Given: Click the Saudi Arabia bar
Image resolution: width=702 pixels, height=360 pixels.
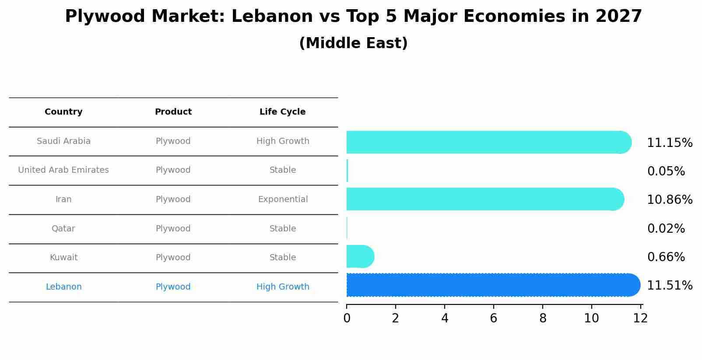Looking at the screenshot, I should [488, 142].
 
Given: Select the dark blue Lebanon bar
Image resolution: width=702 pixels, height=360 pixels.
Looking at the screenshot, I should [492, 285].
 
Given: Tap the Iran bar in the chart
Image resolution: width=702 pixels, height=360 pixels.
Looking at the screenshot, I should [484, 199].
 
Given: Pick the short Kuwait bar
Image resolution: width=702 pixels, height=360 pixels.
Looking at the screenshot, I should [360, 256].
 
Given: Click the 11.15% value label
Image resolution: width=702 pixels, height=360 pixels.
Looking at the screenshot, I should [669, 143].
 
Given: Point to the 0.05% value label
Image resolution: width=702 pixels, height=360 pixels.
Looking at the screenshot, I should [666, 171].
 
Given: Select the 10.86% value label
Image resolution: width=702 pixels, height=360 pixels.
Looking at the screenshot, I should [669, 200].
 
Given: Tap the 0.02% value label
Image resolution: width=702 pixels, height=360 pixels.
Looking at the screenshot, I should [666, 229].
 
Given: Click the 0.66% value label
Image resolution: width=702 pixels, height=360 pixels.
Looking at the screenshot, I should [666, 257].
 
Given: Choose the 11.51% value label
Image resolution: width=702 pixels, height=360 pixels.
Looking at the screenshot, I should [669, 286].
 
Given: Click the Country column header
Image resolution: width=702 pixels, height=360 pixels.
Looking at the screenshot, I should [63, 112].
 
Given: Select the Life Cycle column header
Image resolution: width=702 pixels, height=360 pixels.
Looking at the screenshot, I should [282, 112].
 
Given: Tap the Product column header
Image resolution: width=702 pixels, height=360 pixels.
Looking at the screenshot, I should [173, 112].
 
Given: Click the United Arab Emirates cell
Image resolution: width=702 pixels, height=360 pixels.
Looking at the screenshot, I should [63, 170].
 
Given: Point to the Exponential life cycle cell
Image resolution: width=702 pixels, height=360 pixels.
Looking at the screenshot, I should [283, 199].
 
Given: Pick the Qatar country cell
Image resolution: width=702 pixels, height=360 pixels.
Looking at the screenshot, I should [63, 229].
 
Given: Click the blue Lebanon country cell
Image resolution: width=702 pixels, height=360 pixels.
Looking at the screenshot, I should [63, 287].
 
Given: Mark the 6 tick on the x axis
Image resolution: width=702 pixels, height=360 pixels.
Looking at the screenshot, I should [493, 318].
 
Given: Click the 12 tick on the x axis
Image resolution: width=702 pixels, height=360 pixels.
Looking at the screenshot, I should [640, 318].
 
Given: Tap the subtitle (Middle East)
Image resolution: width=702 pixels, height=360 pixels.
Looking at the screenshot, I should [353, 43].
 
